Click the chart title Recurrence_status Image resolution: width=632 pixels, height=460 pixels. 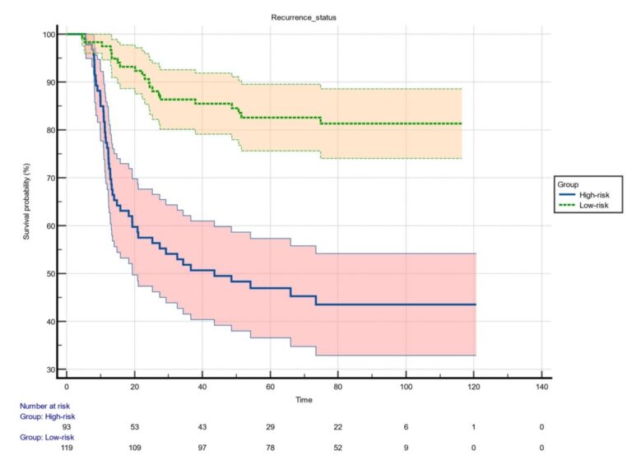click(x=304, y=16)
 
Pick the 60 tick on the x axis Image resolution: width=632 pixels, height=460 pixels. click(x=270, y=386)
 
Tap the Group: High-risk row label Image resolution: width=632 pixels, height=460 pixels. click(x=36, y=416)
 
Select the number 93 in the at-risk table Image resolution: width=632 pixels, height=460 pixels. click(x=67, y=427)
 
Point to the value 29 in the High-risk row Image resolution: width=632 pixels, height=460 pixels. click(x=270, y=427)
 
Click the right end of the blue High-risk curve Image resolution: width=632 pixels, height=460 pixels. click(x=475, y=304)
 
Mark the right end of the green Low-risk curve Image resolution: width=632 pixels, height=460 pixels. click(x=461, y=123)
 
